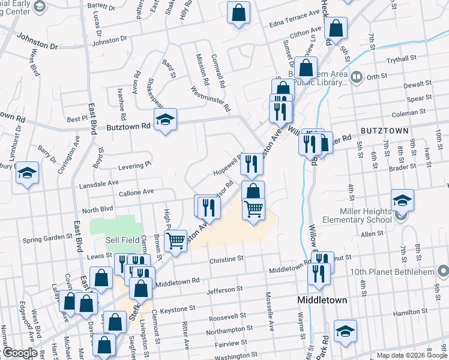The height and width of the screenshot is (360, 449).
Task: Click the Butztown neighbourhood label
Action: (x=385, y=130)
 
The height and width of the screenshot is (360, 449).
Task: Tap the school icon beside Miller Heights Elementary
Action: (x=402, y=200)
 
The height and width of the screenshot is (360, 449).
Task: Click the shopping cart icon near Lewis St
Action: (x=175, y=240)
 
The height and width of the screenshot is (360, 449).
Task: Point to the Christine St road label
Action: (x=226, y=260)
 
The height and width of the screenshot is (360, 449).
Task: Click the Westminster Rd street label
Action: (x=211, y=100)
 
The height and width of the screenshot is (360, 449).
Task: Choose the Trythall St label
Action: (x=402, y=59)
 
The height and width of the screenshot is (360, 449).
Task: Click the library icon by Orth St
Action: (x=356, y=77)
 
